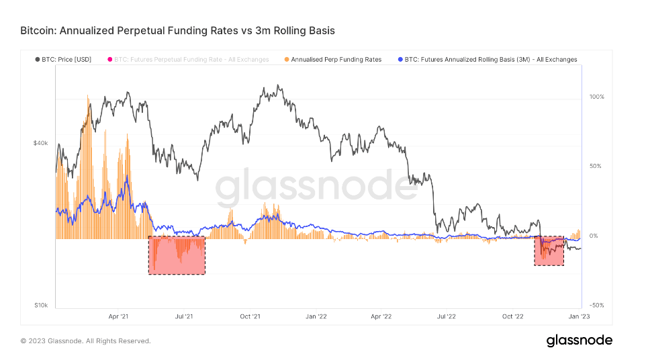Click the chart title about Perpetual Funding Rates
(177, 31)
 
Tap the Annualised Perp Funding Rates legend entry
(332, 60)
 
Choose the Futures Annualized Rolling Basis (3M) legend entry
(488, 60)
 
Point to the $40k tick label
(40, 143)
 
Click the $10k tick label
(40, 305)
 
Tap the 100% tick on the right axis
(596, 97)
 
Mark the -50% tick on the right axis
(596, 306)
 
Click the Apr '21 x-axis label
(118, 316)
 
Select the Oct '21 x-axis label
(250, 316)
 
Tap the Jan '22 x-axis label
(316, 316)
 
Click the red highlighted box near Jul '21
(177, 255)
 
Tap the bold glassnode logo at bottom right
(579, 341)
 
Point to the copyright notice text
(85, 341)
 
